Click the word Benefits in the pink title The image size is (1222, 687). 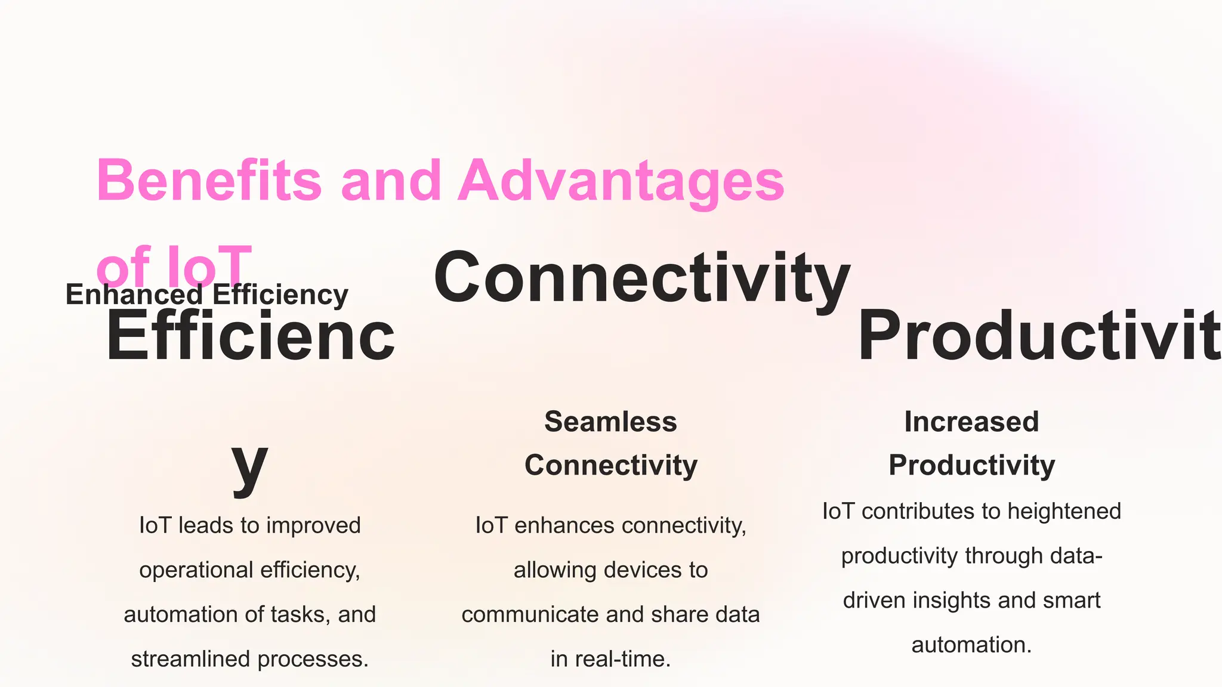[x=209, y=181]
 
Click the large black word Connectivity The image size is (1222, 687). [x=641, y=278]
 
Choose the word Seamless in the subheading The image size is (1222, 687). [x=610, y=422]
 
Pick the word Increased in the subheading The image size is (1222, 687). [x=971, y=422]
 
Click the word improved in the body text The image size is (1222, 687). [x=313, y=525]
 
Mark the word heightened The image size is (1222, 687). [x=1064, y=511]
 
